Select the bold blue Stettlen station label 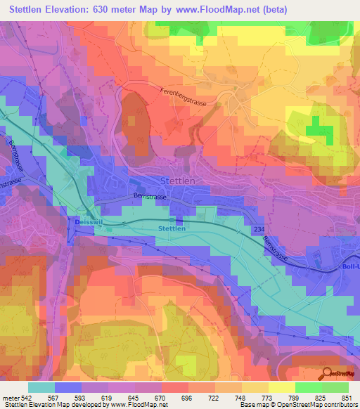[x=172, y=228]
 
